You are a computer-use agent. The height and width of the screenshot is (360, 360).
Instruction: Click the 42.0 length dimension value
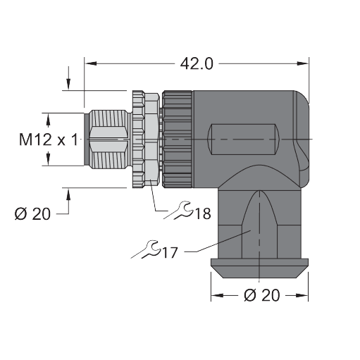[197, 64]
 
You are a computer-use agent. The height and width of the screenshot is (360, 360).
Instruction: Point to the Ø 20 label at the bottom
[260, 295]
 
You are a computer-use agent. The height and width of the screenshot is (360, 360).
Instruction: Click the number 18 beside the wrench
[203, 213]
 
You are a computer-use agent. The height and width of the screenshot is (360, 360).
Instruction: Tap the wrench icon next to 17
[144, 247]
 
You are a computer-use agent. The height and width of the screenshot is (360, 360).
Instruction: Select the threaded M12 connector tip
[107, 139]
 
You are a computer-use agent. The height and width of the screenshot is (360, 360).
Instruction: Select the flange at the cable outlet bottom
[259, 266]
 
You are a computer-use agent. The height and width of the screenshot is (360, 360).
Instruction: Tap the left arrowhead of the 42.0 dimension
[89, 63]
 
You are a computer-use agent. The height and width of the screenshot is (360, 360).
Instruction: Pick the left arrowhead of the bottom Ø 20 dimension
[214, 295]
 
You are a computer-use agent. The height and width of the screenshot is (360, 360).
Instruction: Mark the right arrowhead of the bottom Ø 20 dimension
[304, 295]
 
